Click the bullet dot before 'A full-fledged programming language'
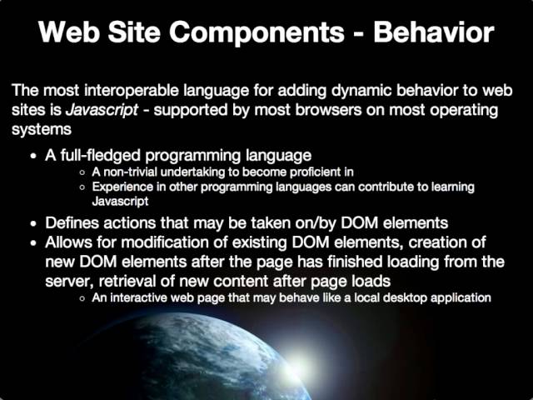(32, 157)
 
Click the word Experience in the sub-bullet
(122, 187)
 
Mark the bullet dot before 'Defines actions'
(32, 224)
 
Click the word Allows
(67, 242)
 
